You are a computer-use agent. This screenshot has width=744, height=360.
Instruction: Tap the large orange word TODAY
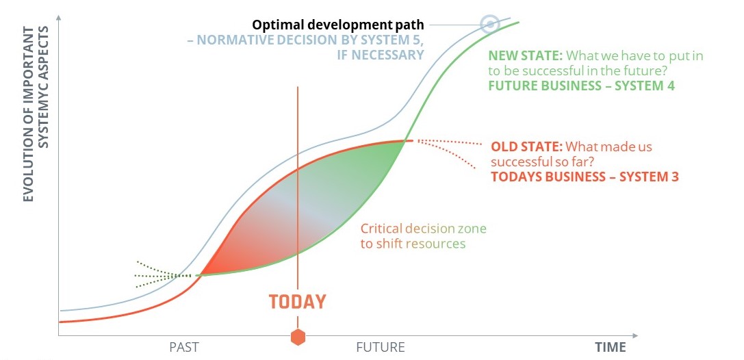(x=298, y=302)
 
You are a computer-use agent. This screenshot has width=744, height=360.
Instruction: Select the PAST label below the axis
(x=184, y=347)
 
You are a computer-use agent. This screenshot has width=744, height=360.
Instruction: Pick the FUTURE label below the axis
(x=381, y=347)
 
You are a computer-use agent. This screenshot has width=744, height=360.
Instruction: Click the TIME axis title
(x=611, y=347)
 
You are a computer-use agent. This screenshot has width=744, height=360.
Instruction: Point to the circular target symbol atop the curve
(x=489, y=23)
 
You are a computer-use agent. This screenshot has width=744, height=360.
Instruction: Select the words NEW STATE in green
(x=525, y=56)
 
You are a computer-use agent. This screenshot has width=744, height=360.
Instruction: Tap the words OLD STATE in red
(x=526, y=146)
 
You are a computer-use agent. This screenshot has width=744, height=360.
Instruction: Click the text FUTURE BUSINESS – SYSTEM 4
(x=582, y=86)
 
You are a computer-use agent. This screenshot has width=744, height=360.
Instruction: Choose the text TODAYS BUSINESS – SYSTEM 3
(x=585, y=177)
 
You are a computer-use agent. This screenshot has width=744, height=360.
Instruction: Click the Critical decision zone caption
(x=424, y=236)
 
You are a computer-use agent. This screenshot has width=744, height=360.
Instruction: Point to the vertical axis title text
(x=36, y=114)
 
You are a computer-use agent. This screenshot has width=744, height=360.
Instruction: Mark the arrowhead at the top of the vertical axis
(x=58, y=18)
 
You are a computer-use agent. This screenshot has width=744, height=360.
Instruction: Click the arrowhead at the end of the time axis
(x=635, y=336)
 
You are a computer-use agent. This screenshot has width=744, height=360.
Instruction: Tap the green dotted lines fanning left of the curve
(x=163, y=274)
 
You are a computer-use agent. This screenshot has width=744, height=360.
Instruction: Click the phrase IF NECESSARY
(x=380, y=55)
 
